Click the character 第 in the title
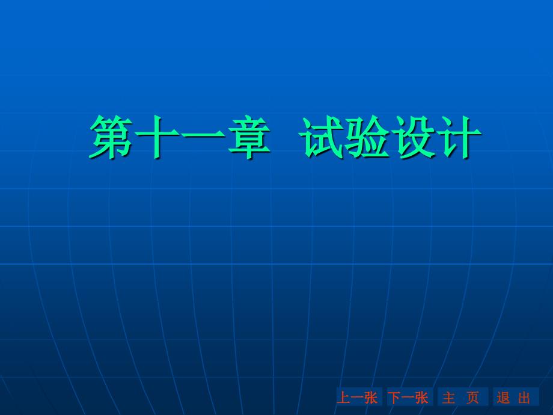111,137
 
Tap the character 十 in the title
157,137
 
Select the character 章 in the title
249,137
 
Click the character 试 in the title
322,137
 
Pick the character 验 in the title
367,137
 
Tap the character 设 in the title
413,137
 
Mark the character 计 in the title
459,137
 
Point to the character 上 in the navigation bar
344,398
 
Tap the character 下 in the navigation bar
394,398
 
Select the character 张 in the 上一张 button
371,398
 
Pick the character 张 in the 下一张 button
422,398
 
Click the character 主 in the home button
448,398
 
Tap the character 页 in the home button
472,398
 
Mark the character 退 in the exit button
503,398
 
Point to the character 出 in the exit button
524,398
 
